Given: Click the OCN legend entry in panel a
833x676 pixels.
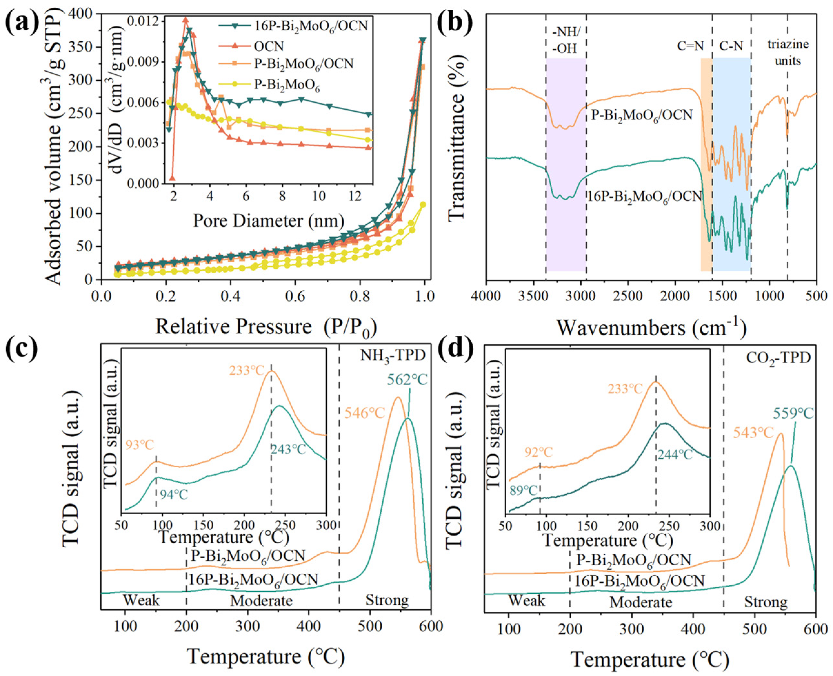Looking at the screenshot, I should click(269, 46).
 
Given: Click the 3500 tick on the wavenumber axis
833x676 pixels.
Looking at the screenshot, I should click(534, 296).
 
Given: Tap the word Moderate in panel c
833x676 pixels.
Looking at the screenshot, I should click(261, 601).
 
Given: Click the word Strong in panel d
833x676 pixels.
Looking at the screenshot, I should click(766, 602).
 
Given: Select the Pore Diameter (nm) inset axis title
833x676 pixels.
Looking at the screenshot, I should click(269, 221).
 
